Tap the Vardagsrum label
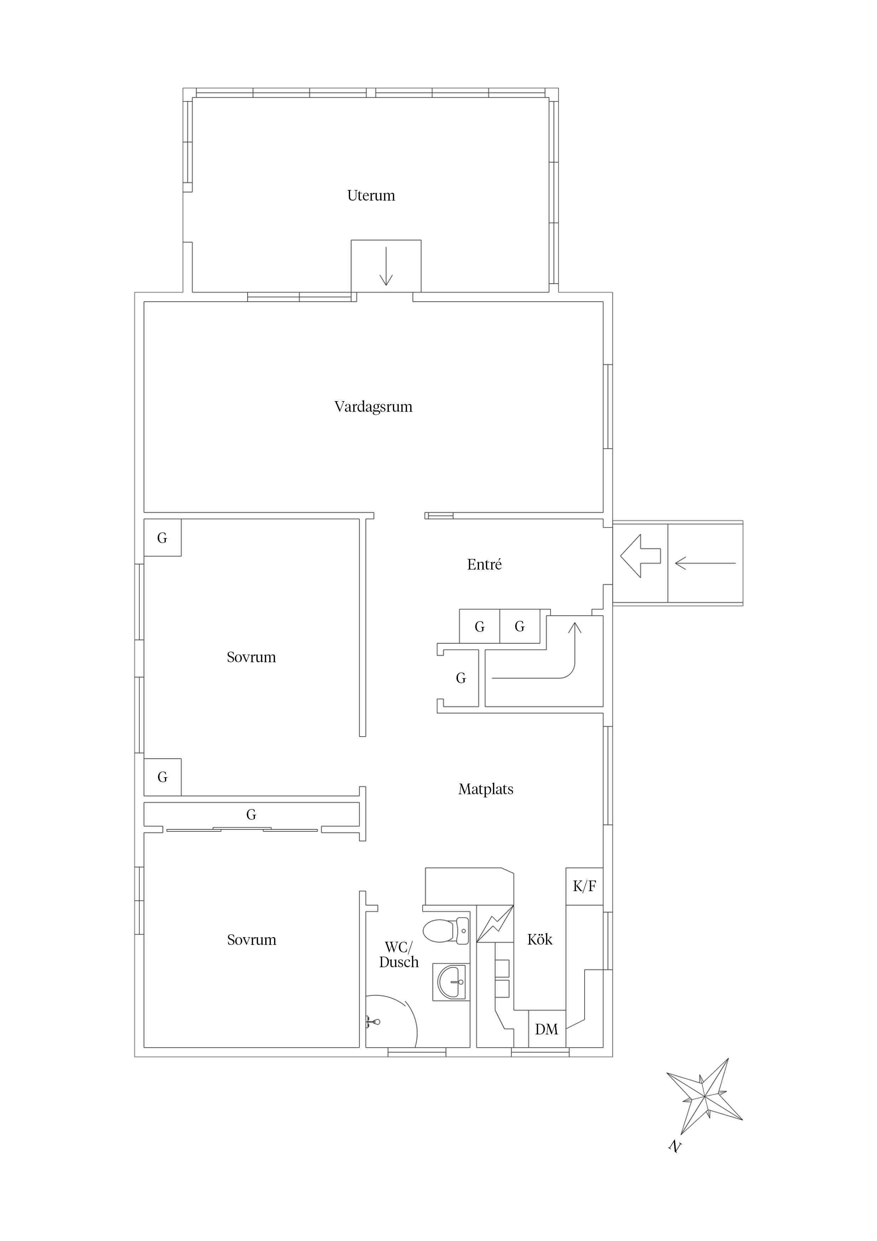click(x=373, y=407)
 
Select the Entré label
click(x=484, y=564)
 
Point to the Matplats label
click(x=486, y=789)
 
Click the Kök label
click(x=540, y=939)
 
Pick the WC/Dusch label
click(x=399, y=954)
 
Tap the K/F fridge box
click(x=584, y=886)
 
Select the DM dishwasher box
click(x=546, y=1029)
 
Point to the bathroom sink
click(x=452, y=982)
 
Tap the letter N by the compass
click(x=674, y=1145)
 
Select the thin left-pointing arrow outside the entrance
click(x=705, y=563)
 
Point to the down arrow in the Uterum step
click(x=386, y=266)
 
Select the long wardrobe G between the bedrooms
click(x=251, y=815)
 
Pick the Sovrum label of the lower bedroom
click(x=251, y=940)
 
